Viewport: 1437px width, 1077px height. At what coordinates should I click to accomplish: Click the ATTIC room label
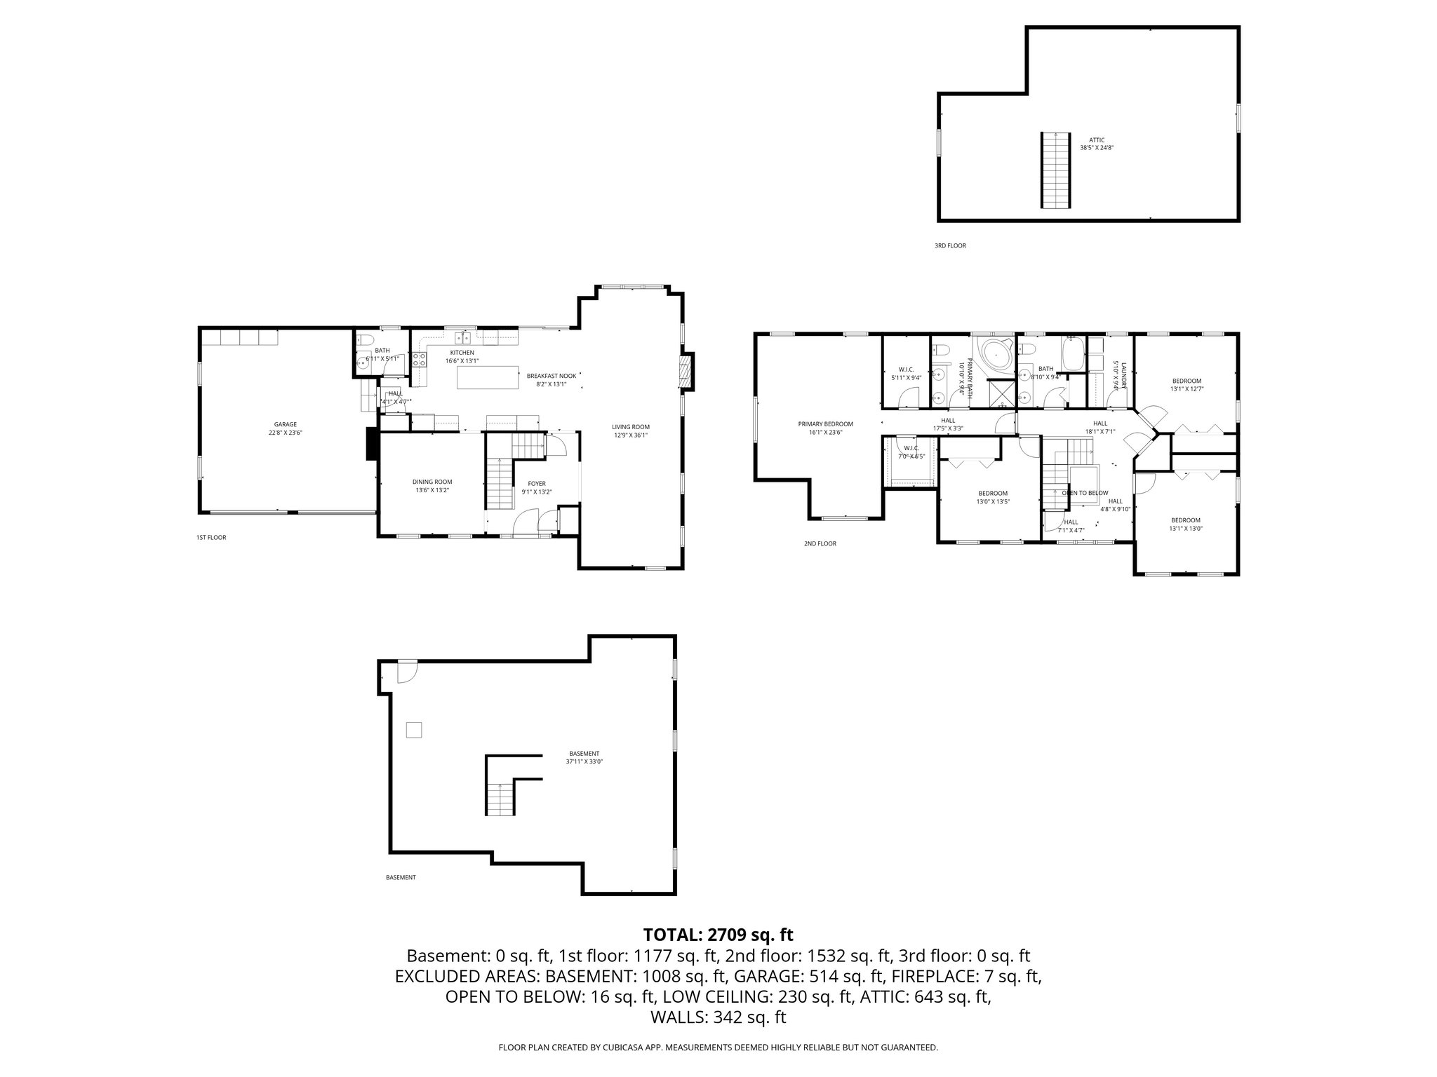(1096, 140)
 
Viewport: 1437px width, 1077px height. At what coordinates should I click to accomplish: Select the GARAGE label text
(285, 424)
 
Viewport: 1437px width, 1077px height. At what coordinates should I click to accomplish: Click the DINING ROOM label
(432, 482)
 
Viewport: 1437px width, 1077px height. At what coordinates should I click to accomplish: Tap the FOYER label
(537, 483)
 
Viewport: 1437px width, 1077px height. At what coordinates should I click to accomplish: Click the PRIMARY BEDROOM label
(825, 424)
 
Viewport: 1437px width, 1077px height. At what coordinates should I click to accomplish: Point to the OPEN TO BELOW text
(1085, 493)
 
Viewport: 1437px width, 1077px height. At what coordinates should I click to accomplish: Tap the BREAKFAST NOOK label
(551, 376)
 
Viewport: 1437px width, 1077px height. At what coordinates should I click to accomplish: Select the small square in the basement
(414, 730)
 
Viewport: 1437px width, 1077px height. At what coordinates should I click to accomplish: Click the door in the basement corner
(406, 672)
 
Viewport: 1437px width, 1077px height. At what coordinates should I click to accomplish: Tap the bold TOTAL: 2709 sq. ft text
(718, 935)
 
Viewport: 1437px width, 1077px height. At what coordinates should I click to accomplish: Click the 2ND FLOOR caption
(820, 543)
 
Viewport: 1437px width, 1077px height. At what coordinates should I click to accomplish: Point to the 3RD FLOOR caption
(949, 246)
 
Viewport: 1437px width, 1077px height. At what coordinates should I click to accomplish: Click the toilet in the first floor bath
(365, 341)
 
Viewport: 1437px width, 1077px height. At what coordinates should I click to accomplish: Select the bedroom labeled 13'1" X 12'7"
(1187, 384)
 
